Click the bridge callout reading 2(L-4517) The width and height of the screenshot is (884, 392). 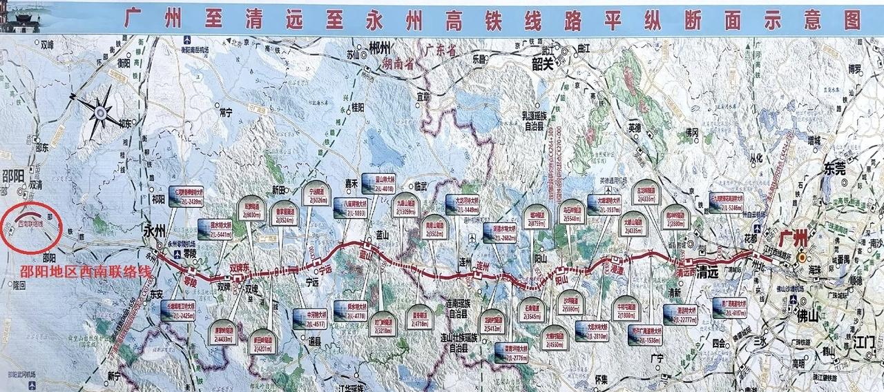coord(311,319)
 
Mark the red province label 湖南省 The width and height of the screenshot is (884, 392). coord(398,64)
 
